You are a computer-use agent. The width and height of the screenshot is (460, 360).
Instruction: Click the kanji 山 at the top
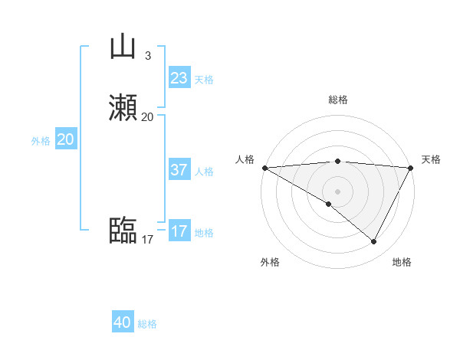(x=123, y=47)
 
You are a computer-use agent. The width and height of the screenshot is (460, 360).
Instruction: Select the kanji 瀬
(x=123, y=108)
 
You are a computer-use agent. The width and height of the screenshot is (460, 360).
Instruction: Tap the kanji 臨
(x=123, y=231)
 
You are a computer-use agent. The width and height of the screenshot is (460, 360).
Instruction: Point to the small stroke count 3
(x=147, y=55)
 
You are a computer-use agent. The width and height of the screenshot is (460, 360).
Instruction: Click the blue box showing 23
(x=179, y=78)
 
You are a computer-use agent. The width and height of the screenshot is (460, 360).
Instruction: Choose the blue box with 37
(x=179, y=170)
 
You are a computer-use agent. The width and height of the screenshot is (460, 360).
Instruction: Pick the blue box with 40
(x=123, y=322)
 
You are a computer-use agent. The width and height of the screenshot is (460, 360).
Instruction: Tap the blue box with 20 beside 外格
(x=66, y=139)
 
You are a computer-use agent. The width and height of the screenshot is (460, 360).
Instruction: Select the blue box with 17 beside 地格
(x=179, y=231)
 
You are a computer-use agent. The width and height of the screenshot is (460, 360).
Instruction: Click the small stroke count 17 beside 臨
(x=147, y=240)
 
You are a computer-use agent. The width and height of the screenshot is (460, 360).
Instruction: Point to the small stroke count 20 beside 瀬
(x=147, y=117)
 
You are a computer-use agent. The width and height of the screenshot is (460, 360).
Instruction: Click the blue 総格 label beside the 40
(x=147, y=324)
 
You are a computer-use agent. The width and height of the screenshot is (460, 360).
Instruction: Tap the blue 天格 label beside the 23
(x=204, y=80)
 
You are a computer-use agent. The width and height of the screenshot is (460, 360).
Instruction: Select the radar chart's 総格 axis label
(x=337, y=100)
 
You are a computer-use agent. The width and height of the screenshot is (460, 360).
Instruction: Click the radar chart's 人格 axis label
(x=245, y=159)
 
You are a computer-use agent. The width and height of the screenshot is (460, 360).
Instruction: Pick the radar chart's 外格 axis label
(x=270, y=262)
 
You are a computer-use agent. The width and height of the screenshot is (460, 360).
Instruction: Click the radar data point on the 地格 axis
(x=374, y=241)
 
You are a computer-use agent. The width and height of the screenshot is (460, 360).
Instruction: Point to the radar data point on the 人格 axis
(x=264, y=167)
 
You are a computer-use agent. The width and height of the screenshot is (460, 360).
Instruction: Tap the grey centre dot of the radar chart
(x=337, y=191)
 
